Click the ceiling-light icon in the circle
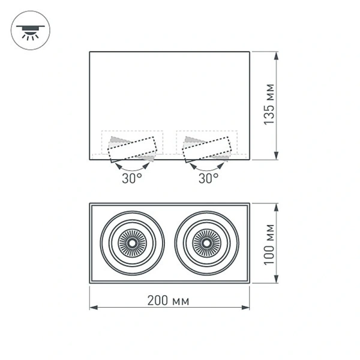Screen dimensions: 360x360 point(31,31)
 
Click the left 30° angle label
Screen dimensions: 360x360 point(132,178)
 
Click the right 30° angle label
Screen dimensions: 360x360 point(208,178)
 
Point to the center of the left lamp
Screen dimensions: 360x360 point(131,243)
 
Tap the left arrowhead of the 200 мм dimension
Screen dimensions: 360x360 point(94,308)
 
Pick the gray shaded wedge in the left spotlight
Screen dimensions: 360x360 point(117,141)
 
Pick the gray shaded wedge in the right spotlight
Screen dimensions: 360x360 point(193,141)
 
